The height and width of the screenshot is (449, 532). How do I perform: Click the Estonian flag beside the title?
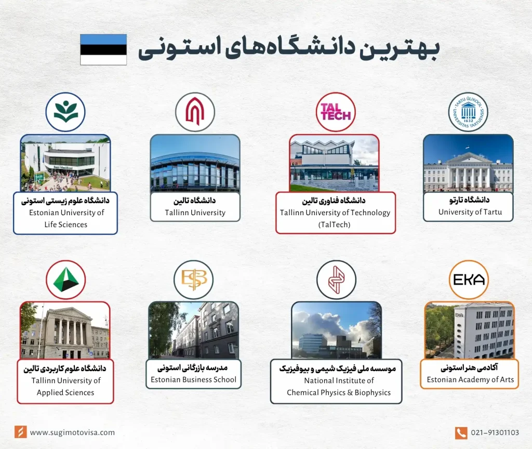pos(103,49)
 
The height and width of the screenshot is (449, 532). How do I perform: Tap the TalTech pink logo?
pos(336,112)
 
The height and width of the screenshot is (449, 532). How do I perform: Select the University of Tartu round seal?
pos(468,112)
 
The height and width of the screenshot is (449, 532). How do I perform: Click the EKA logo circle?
pos(469,280)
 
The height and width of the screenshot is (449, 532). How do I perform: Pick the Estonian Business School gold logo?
pos(193,280)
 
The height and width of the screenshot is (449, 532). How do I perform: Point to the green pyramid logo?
pos(65,280)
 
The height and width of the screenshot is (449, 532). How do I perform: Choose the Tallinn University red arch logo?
pos(195,112)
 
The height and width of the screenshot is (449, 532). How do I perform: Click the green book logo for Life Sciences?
pos(65,112)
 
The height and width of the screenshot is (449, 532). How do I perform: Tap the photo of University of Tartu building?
pos(468,164)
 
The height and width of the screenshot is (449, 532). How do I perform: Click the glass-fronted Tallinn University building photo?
pos(195,164)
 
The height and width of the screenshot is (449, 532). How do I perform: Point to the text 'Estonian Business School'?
pos(193,380)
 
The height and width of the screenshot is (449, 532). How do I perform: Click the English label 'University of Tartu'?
pos(468,212)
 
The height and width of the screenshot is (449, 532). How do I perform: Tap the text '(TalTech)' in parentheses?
pos(335,224)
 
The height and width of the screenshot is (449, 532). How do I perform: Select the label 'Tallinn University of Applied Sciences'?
pos(65,386)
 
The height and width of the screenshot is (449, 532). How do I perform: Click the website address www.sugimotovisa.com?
pos(72,432)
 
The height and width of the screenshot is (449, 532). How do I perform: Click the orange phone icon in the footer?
pos(461,432)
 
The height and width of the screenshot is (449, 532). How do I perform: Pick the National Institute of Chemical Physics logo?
pos(336,280)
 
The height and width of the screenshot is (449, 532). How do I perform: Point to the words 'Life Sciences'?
pos(65,224)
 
